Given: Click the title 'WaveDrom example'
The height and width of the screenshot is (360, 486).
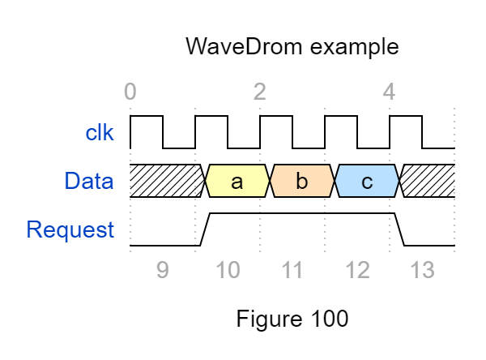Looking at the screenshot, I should [x=292, y=45].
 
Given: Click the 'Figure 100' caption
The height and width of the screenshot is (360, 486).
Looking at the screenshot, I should [x=292, y=319].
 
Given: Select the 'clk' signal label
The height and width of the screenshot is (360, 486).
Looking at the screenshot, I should [x=100, y=133].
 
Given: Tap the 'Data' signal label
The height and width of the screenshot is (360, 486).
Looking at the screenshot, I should [x=89, y=182].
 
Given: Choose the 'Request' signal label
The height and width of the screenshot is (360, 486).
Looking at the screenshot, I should [x=70, y=229].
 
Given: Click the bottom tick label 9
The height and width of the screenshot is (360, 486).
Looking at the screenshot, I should [x=163, y=270].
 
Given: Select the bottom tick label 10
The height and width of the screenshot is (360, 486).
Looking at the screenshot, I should [x=228, y=270].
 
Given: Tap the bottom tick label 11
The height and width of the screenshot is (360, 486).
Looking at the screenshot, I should [x=292, y=270].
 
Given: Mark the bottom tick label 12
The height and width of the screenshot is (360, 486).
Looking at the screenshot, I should [x=357, y=270].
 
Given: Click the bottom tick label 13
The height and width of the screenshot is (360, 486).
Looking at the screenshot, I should [x=422, y=270].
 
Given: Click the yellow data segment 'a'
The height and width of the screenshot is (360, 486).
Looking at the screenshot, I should [x=237, y=181].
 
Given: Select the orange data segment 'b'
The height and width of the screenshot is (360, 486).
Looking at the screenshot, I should [x=302, y=181].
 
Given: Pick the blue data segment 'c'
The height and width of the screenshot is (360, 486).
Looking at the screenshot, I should [x=367, y=181].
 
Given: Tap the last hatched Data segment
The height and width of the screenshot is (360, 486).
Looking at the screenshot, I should [x=428, y=181].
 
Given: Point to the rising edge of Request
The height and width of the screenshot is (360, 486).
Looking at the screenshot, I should [x=206, y=229].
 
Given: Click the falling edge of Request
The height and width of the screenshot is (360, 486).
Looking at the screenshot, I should [x=400, y=229].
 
